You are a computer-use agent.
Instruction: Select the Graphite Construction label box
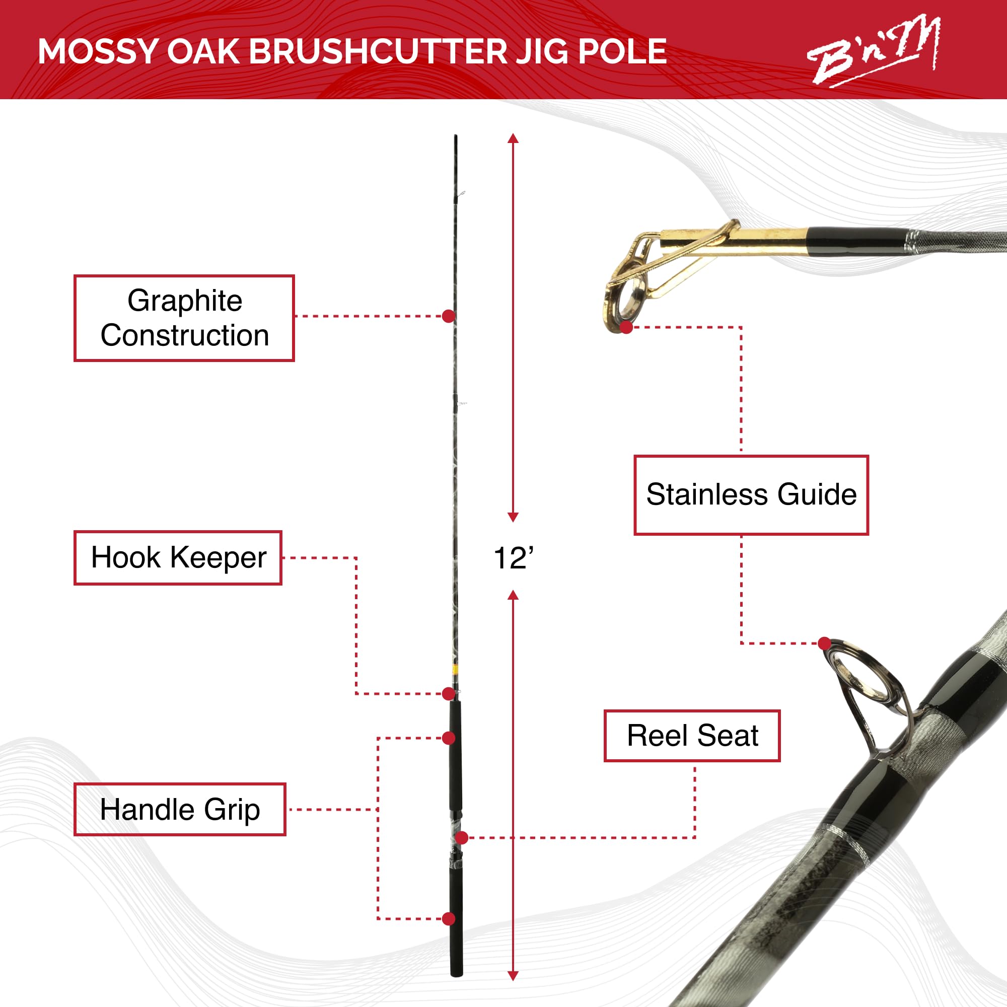[x=184, y=317]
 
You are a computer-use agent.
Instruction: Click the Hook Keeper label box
[x=178, y=558]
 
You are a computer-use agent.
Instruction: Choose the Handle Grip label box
[x=180, y=810]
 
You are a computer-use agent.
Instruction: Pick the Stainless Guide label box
[x=751, y=494]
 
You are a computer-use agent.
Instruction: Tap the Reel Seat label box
[x=692, y=736]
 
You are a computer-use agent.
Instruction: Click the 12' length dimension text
[x=514, y=558]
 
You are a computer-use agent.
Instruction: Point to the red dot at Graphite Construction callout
[x=448, y=316]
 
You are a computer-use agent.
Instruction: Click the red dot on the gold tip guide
[x=626, y=327]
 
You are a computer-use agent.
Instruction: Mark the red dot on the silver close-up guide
[x=824, y=643]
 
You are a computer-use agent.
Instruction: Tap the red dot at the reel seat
[x=461, y=838]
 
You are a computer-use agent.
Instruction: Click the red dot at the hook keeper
[x=448, y=694]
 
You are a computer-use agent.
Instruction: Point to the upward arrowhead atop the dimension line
[x=513, y=138]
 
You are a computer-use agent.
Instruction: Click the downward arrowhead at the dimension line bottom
[x=513, y=976]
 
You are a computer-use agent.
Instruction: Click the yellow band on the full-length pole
[x=455, y=670]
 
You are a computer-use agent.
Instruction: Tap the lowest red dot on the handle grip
[x=448, y=919]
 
